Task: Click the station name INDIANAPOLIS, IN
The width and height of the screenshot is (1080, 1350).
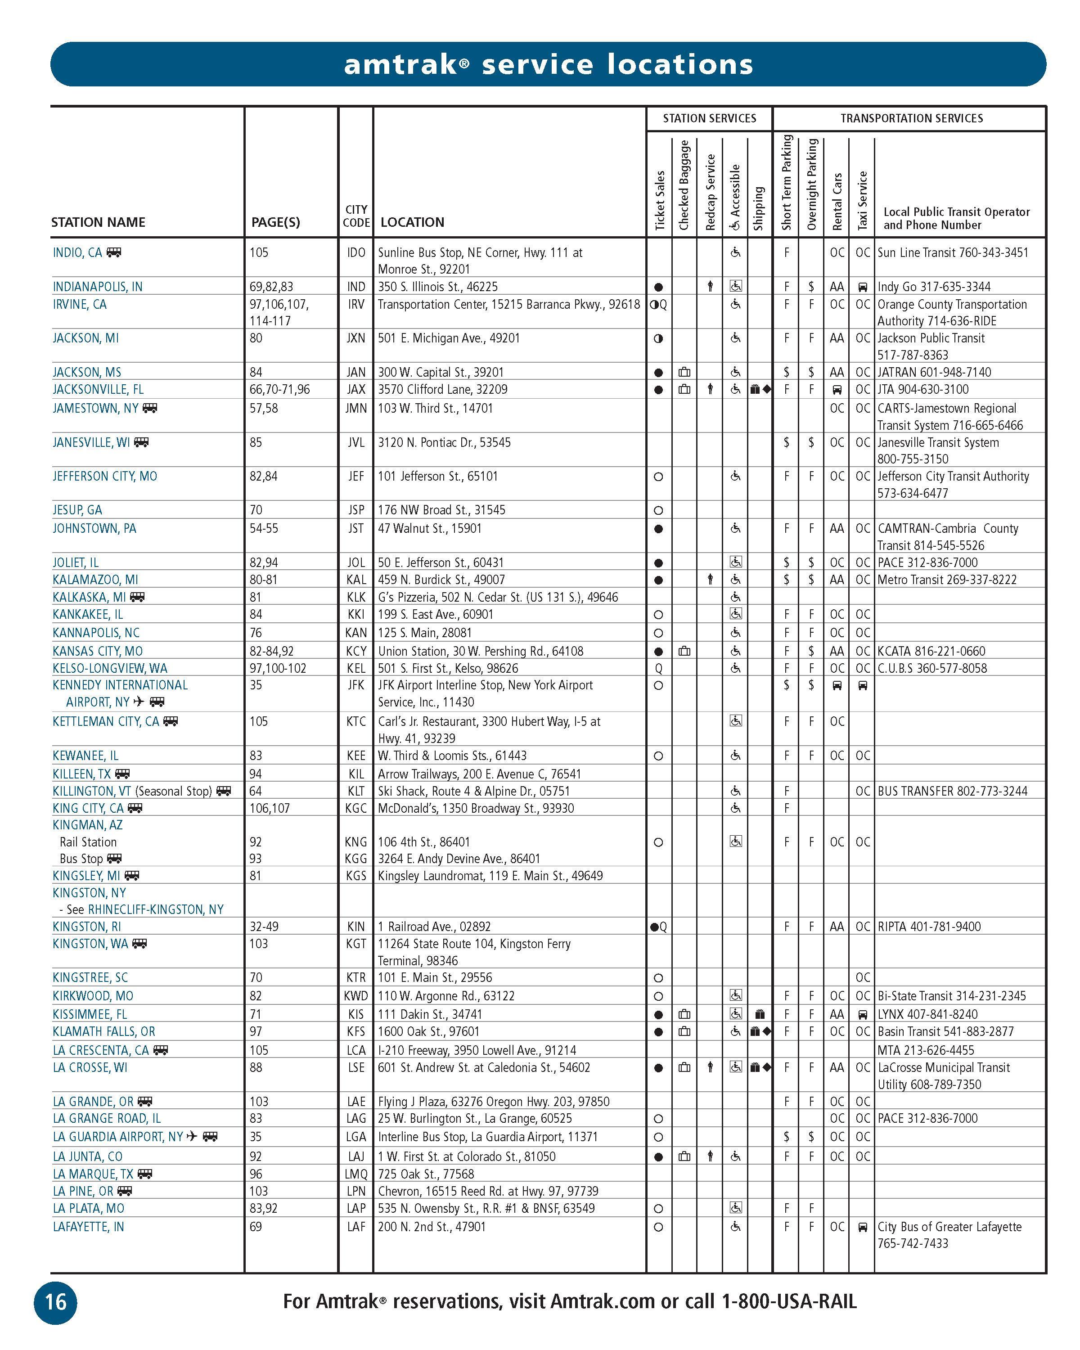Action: (98, 287)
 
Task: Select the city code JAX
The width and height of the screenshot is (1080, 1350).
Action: (355, 389)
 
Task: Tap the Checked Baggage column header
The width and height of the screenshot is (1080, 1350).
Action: (684, 185)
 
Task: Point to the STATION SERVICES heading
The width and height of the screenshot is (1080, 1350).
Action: (709, 118)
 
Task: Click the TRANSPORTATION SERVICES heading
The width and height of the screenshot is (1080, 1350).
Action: (911, 118)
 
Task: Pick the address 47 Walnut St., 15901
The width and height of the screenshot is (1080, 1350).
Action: (429, 528)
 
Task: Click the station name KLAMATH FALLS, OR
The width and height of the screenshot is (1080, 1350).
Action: (104, 1031)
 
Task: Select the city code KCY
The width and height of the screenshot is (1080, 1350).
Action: (355, 651)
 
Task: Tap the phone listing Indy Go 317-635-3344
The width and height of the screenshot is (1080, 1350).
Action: (933, 287)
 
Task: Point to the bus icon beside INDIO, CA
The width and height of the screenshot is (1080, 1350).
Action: (114, 252)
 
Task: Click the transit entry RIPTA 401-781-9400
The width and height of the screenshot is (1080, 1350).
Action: (928, 927)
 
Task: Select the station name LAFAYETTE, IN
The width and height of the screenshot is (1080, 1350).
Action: (88, 1227)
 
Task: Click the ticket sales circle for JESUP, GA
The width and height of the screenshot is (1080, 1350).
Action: (658, 510)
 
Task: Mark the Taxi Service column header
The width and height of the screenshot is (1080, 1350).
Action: (862, 200)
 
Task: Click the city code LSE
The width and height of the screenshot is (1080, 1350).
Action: (355, 1067)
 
